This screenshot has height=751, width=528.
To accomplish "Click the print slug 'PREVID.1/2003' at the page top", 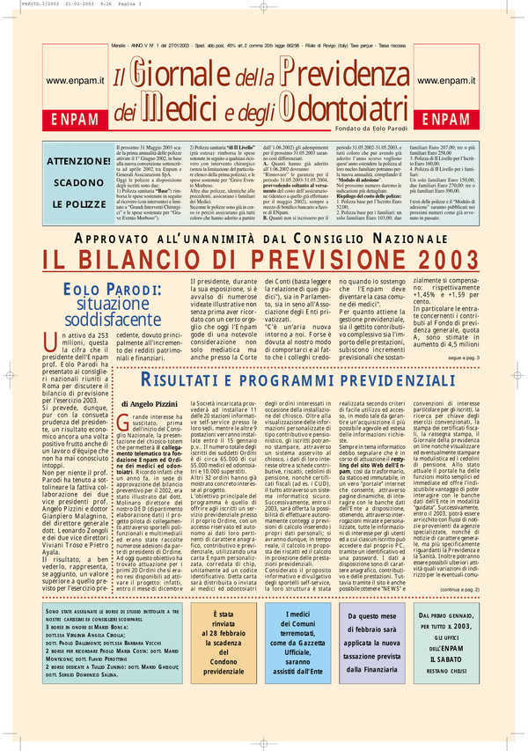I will click(x=22, y=5).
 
